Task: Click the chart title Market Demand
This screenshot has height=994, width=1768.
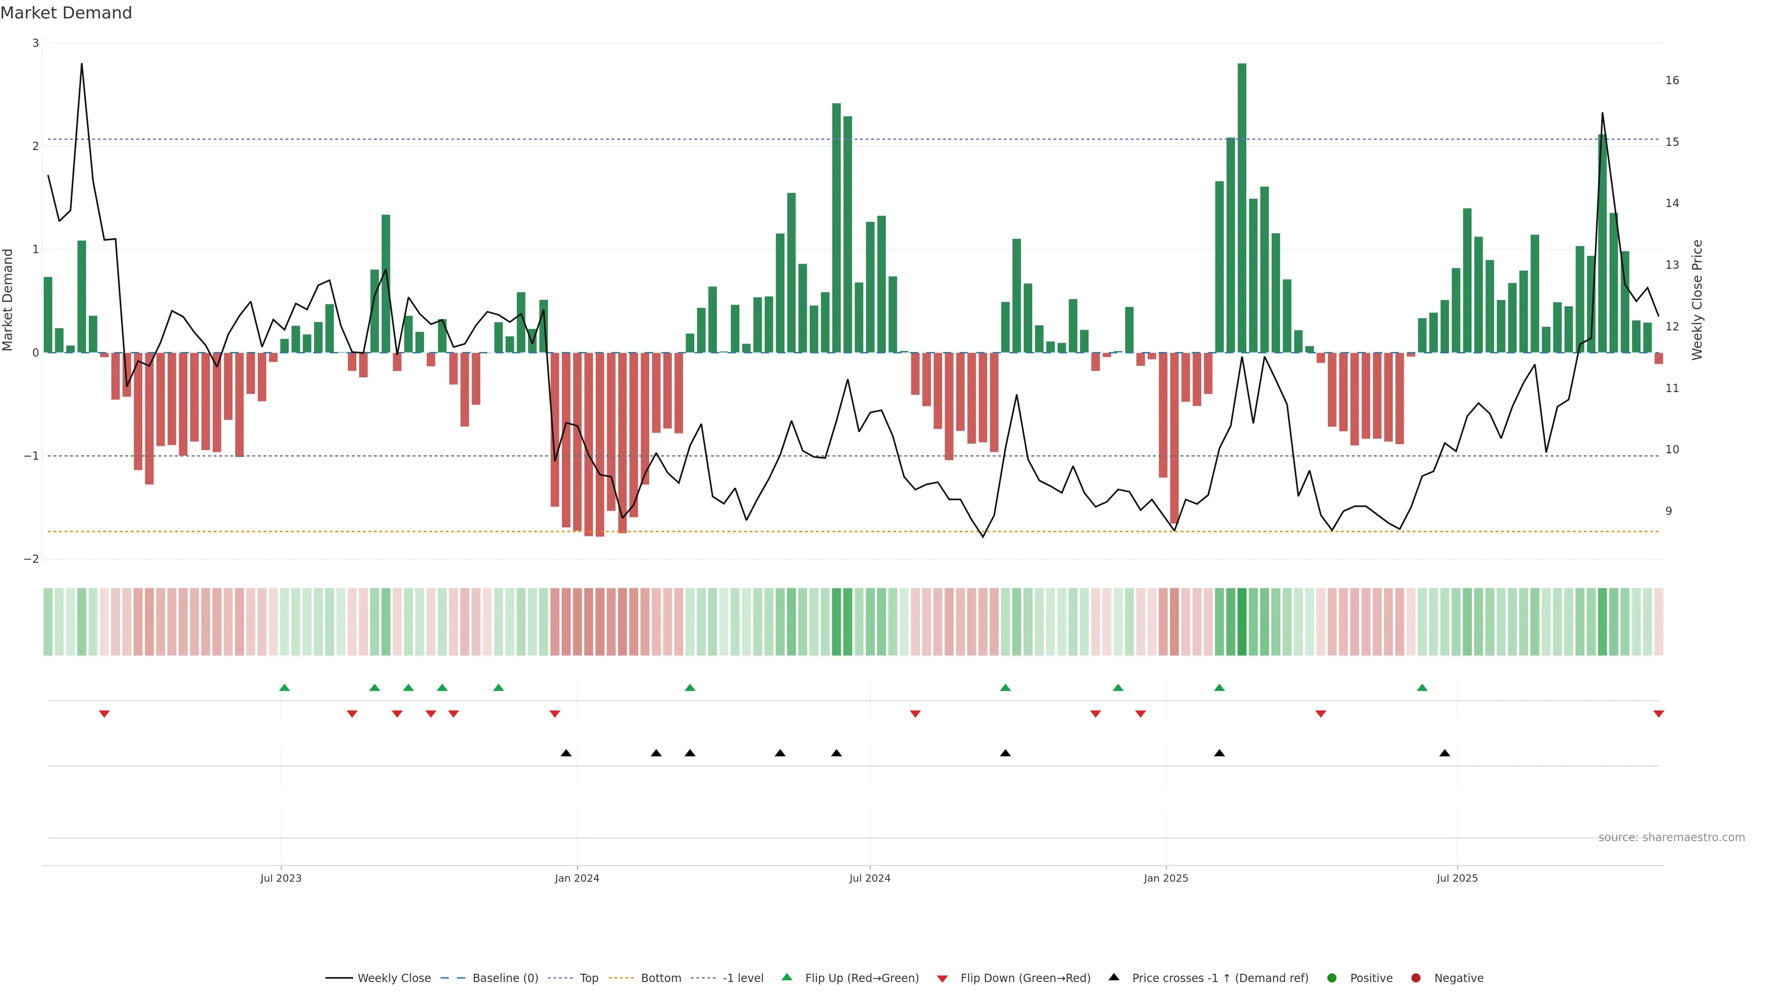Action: click(x=66, y=13)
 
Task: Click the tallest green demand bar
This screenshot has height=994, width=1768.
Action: click(x=1242, y=206)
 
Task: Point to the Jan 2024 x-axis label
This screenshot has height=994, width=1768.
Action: click(x=576, y=878)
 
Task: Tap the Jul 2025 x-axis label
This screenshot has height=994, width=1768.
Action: click(x=1457, y=878)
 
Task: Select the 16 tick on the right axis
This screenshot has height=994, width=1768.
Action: click(x=1672, y=80)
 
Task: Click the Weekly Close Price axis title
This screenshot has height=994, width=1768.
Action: click(x=1697, y=300)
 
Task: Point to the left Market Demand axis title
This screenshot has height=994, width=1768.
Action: click(x=8, y=300)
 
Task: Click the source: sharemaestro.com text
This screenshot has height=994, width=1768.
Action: click(x=1671, y=838)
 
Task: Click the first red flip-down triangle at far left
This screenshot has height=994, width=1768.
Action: click(x=105, y=714)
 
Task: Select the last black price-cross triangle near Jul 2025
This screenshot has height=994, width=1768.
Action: click(x=1445, y=753)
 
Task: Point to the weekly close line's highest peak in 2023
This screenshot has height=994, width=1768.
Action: click(x=81, y=64)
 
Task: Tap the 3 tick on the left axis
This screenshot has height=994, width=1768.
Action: click(x=35, y=43)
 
